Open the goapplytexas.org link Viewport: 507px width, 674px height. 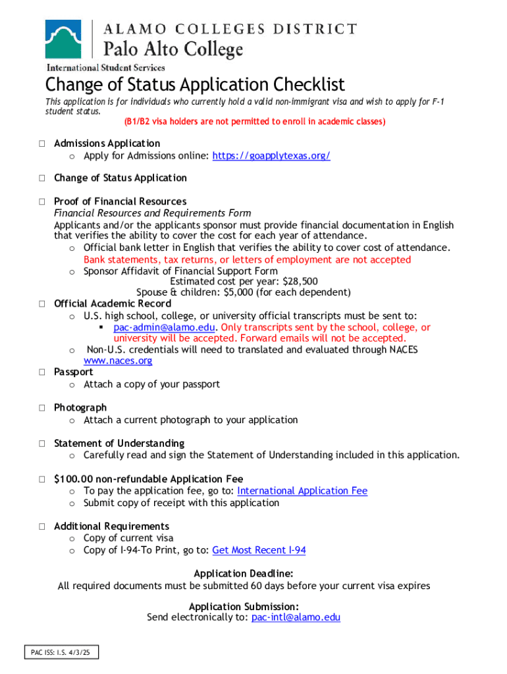[x=271, y=155]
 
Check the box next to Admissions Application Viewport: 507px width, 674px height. [x=41, y=143]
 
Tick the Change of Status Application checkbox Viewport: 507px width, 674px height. [x=41, y=178]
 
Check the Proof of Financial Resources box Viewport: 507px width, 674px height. [x=41, y=201]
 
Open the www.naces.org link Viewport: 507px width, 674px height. [x=118, y=361]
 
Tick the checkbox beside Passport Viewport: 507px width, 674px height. [x=41, y=373]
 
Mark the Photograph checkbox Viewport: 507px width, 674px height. [x=41, y=408]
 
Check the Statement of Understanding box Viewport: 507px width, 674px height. [x=41, y=444]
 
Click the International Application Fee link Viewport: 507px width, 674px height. [x=302, y=490]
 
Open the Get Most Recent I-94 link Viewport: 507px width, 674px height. [x=259, y=550]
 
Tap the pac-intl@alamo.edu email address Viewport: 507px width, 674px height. [x=296, y=617]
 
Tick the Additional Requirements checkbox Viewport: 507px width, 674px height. [x=41, y=527]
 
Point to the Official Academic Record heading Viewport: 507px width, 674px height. [x=112, y=303]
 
